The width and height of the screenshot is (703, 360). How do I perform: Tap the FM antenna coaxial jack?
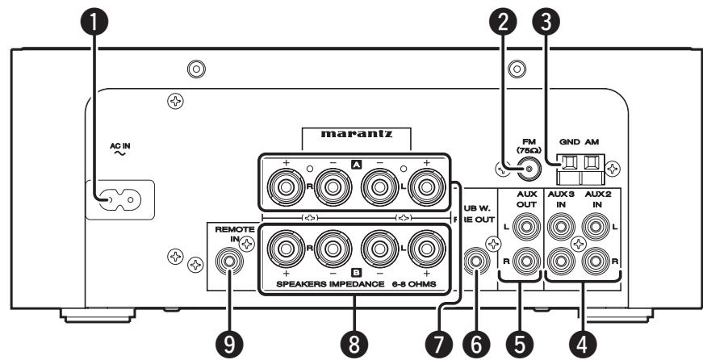[x=529, y=169]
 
